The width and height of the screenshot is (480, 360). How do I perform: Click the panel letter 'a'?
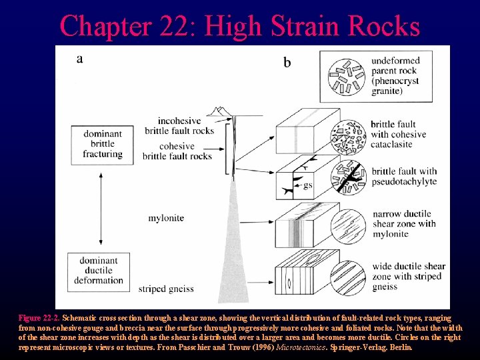[80, 59]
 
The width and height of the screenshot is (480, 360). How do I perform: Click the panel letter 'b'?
[287, 62]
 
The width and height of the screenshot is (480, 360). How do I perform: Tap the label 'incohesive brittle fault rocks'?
[178, 126]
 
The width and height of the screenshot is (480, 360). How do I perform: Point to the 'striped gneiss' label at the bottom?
[166, 289]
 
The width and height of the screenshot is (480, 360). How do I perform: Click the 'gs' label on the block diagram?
[307, 185]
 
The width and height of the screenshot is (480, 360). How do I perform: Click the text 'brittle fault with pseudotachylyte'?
[403, 176]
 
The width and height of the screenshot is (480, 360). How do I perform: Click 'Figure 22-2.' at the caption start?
[39, 319]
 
